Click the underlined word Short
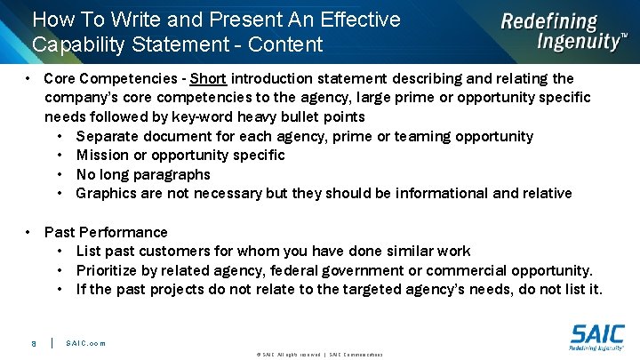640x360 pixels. [x=208, y=79]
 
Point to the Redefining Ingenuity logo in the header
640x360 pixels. [x=562, y=31]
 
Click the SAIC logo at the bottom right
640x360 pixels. [x=596, y=339]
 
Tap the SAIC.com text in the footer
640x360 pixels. [x=85, y=343]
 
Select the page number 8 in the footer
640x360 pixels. [x=33, y=343]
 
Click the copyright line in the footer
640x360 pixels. [x=319, y=354]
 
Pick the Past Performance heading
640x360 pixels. [x=106, y=232]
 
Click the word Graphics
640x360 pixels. [x=107, y=193]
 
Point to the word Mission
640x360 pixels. [x=102, y=155]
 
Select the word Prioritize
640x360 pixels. [x=110, y=270]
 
